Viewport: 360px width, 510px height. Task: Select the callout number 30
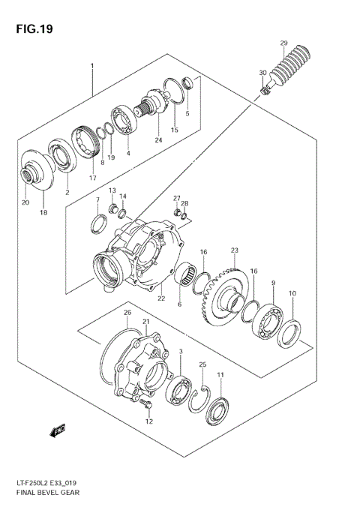262,73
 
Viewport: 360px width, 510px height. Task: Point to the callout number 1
92,67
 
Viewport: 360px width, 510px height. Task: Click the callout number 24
158,140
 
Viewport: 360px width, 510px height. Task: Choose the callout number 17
94,177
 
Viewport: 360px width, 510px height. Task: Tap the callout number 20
25,202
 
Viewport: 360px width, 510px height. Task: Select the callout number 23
234,250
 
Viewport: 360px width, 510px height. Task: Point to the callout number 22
160,298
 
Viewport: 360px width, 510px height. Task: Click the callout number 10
292,293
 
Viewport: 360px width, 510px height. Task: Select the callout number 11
220,374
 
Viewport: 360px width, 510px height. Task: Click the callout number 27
177,198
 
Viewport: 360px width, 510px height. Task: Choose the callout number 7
97,200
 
